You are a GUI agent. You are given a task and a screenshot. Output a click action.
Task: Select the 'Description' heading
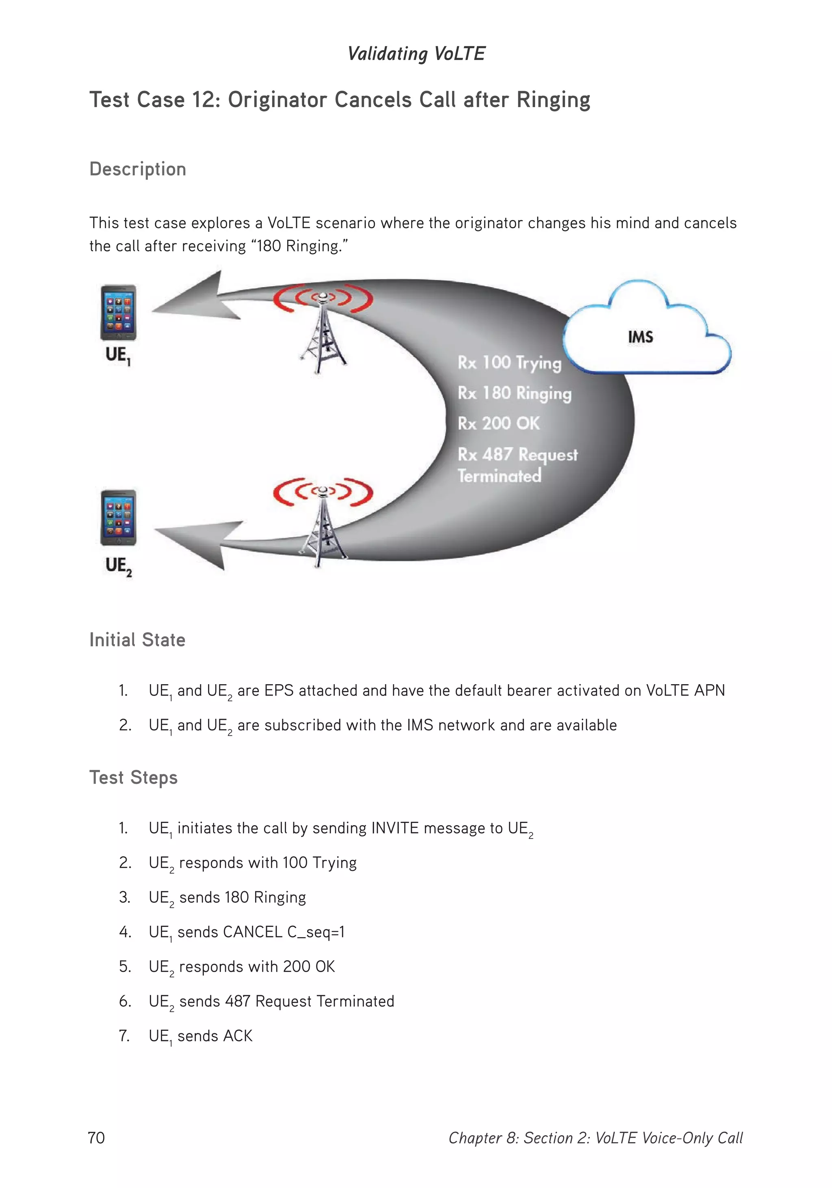point(138,170)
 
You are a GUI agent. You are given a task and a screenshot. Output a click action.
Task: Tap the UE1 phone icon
point(119,313)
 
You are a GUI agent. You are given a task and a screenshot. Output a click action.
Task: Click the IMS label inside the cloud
point(640,337)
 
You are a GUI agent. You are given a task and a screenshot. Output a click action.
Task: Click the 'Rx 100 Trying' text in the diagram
point(509,363)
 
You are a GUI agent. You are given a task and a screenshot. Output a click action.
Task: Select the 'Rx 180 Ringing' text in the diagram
point(514,393)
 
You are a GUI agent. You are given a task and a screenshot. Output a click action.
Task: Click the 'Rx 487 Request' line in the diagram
point(517,455)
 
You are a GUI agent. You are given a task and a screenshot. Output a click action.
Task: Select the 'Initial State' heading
point(137,640)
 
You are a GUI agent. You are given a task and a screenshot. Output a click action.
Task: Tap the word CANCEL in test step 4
point(253,932)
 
